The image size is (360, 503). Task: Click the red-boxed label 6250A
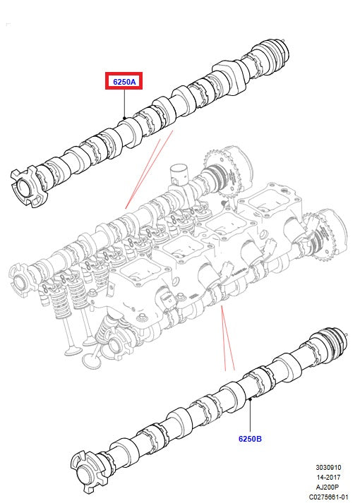[124, 82]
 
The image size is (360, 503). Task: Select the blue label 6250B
[250, 438]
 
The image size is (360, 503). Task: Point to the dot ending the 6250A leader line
[124, 117]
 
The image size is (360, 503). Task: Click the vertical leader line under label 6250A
[124, 103]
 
